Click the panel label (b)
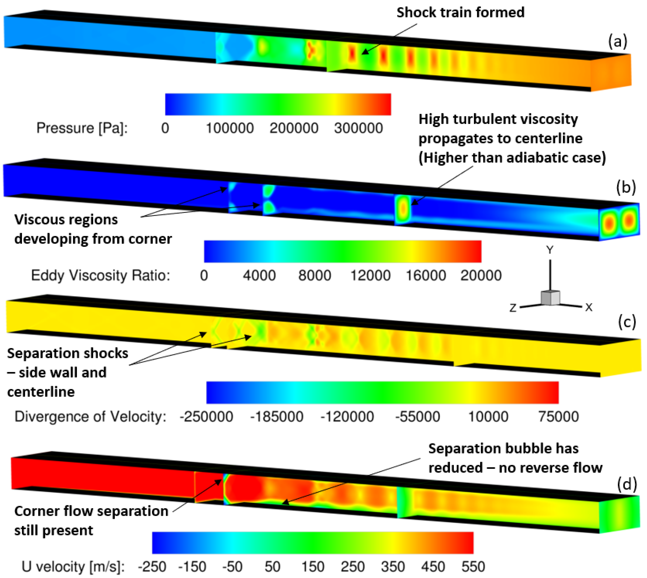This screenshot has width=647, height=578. [626, 188]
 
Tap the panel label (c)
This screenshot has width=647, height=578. [626, 322]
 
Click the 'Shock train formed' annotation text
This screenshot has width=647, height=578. [460, 13]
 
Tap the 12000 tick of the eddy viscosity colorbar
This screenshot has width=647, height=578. [370, 275]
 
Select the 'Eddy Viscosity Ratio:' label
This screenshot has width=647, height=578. [101, 275]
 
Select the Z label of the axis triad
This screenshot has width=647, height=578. [513, 308]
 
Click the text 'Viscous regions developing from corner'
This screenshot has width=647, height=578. [93, 229]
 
